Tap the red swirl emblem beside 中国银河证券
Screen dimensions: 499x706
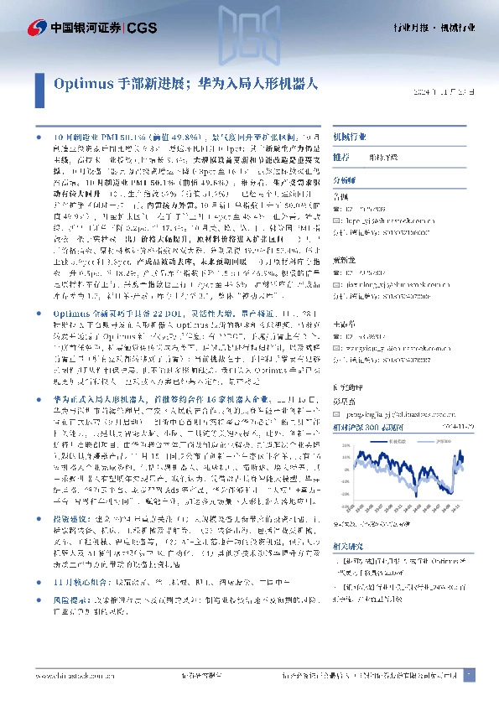coord(35,28)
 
